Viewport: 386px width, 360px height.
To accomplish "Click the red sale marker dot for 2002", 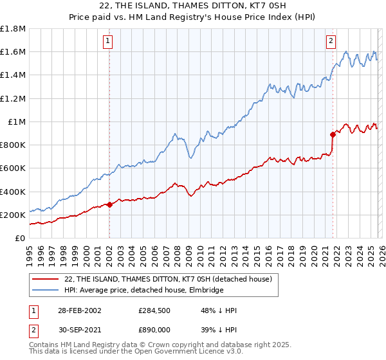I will [x=109, y=205].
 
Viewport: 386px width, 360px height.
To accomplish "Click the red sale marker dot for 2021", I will [x=333, y=134].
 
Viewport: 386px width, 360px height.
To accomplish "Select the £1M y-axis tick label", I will [x=17, y=122].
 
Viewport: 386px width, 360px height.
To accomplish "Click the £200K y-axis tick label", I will [x=13, y=215].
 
